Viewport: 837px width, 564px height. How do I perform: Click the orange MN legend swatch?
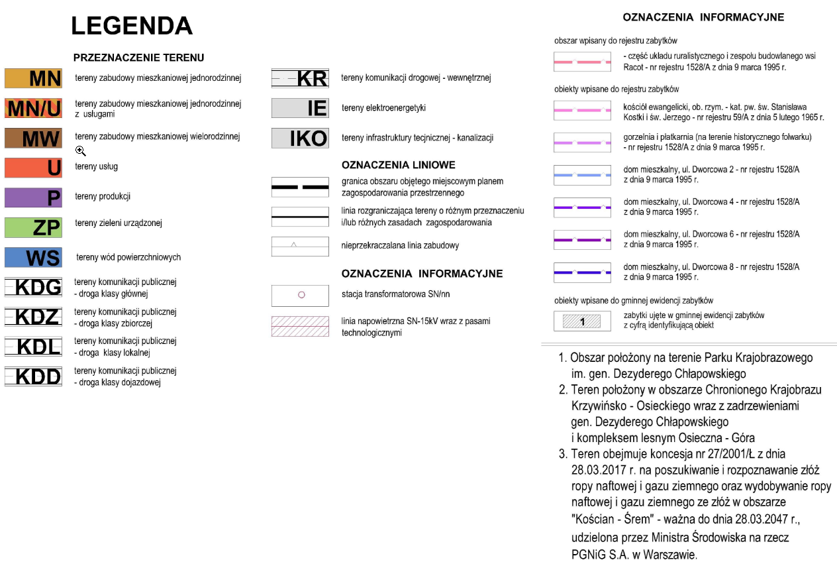(33, 78)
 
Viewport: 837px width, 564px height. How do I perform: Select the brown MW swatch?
(33, 138)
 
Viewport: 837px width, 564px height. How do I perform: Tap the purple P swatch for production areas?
(33, 197)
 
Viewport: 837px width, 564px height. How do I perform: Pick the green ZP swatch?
(33, 227)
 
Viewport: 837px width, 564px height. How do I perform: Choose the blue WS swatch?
(33, 257)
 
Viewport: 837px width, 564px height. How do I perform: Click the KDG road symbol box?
(33, 287)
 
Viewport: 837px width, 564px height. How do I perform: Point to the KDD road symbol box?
(33, 376)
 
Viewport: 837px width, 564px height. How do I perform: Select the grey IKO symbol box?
(300, 138)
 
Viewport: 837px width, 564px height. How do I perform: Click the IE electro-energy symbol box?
(300, 108)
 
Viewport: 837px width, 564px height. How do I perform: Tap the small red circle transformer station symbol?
(301, 295)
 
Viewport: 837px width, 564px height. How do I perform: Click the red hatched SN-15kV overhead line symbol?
(300, 326)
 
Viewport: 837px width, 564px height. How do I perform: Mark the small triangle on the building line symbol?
(293, 245)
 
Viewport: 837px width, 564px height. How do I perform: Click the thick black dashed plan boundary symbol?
(300, 187)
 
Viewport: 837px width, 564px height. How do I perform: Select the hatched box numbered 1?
(582, 321)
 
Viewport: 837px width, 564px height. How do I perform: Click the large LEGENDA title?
(132, 26)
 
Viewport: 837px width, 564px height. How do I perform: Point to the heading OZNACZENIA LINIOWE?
(398, 165)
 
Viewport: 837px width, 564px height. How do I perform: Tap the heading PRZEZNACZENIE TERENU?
(138, 58)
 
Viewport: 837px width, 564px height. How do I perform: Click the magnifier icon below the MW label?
(81, 151)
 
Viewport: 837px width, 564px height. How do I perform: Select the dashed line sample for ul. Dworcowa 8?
(582, 272)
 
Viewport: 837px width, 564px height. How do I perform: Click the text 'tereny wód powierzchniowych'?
(128, 257)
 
